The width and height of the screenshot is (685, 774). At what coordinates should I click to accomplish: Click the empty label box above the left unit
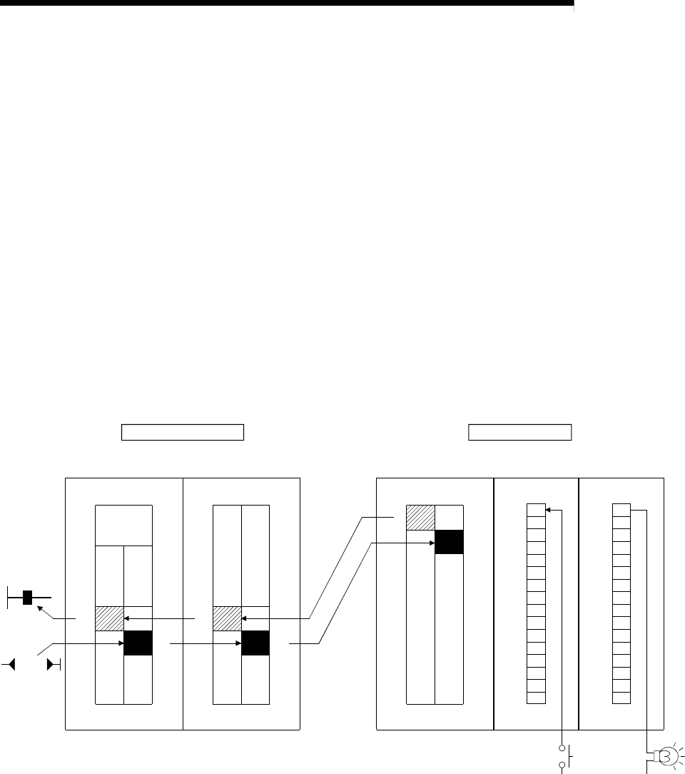click(183, 433)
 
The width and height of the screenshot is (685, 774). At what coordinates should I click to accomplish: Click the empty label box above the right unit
click(519, 433)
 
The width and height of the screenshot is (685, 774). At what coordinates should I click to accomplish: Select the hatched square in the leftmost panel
click(109, 618)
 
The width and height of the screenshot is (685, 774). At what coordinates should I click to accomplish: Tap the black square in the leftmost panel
click(138, 643)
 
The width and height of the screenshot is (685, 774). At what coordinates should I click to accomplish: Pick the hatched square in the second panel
click(228, 618)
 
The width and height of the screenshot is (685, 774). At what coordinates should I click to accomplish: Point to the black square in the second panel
click(255, 643)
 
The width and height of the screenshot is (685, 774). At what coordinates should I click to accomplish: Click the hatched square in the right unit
click(420, 518)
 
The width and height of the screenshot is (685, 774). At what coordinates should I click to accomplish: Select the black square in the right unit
click(449, 542)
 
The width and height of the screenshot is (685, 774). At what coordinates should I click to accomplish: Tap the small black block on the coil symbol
click(27, 597)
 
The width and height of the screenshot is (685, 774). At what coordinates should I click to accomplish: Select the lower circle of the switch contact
click(563, 765)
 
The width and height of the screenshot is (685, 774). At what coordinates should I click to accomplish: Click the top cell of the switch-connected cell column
click(536, 510)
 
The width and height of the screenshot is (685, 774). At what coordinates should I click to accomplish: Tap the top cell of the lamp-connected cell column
click(621, 510)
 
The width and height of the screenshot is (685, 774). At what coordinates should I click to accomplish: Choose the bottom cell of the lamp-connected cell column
click(621, 698)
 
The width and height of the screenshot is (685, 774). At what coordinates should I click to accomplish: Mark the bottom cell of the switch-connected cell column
click(536, 698)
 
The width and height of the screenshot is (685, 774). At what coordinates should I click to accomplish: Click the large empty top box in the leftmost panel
click(123, 526)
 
